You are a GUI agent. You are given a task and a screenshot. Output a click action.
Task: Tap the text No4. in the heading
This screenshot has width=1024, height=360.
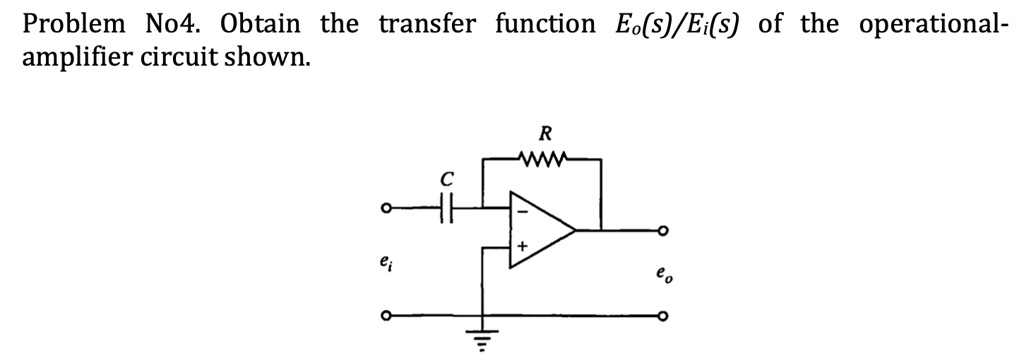(x=163, y=24)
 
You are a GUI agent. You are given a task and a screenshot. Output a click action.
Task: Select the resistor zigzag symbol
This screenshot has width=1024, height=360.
(x=545, y=156)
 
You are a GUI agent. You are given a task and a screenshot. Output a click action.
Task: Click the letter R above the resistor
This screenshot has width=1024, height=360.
(x=545, y=132)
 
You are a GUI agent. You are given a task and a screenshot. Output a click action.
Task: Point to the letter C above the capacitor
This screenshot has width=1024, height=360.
(x=447, y=181)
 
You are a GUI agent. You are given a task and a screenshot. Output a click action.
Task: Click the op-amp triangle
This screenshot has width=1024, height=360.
(x=540, y=230)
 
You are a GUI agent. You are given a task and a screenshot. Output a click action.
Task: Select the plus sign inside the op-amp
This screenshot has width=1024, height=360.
(x=521, y=246)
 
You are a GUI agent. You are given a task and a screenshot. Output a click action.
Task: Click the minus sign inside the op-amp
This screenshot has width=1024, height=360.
(x=520, y=212)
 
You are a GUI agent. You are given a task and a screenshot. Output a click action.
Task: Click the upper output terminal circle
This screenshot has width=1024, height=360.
(x=660, y=231)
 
